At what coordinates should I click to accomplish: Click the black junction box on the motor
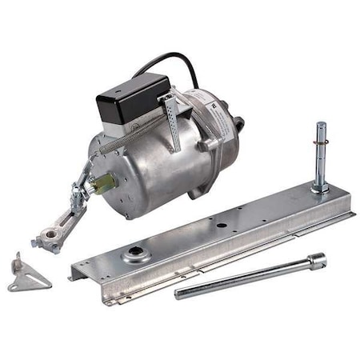coord(133,95)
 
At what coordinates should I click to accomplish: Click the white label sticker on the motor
coord(216,105)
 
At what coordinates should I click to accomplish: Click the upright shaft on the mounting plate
coord(320,152)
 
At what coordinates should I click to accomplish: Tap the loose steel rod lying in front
coord(248,276)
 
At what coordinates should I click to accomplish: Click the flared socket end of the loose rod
coord(316,259)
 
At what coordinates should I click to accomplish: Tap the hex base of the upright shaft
coord(320,188)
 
